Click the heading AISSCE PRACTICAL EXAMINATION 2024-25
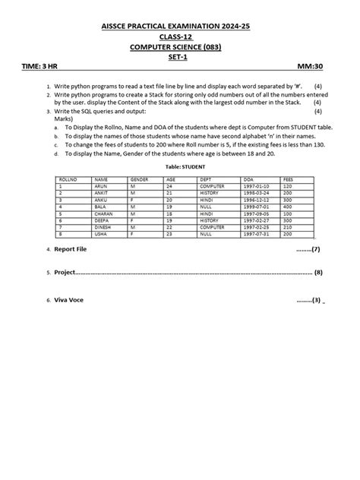coord(179,27)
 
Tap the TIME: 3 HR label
coord(45,67)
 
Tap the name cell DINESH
coord(103,226)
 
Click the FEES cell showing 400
coord(286,207)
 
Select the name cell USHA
coord(100,233)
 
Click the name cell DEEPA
coord(101,219)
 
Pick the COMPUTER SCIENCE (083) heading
coord(179,46)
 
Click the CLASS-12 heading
coord(179,36)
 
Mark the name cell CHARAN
coord(103,213)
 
